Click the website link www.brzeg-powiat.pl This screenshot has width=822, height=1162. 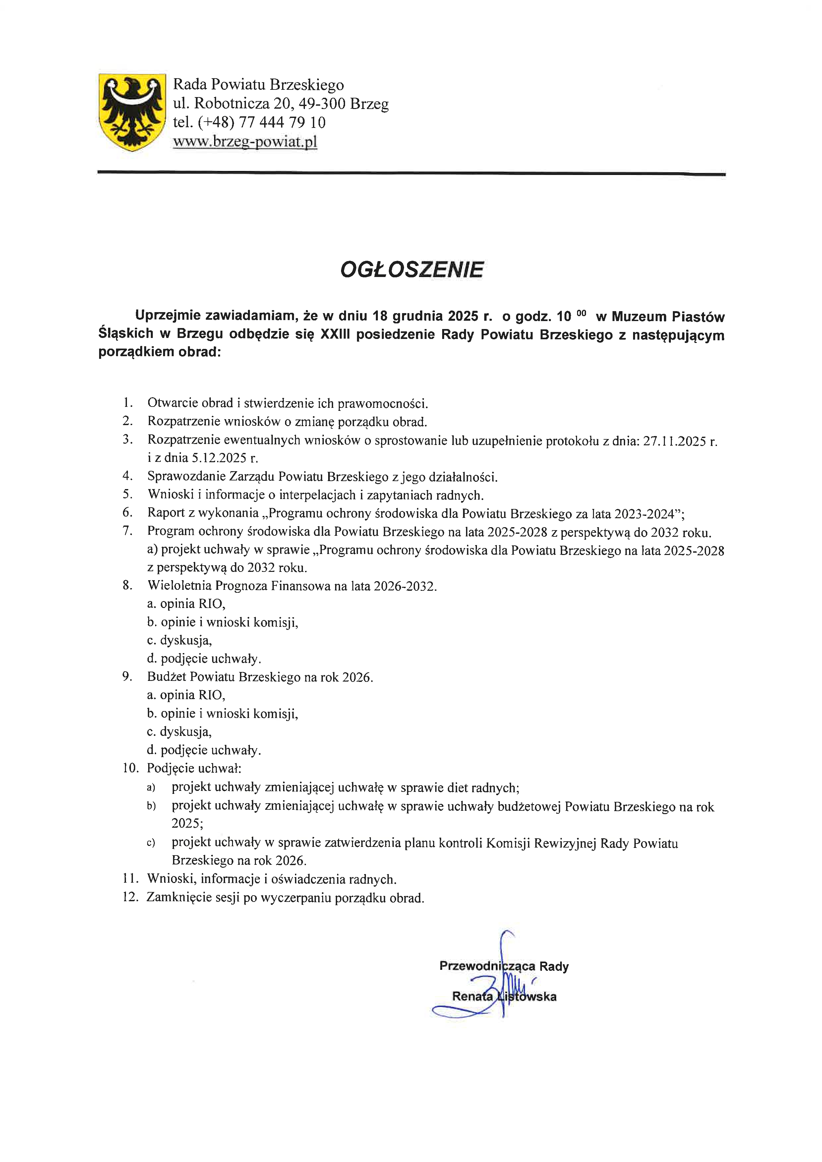[245, 142]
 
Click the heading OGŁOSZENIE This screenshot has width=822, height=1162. [412, 269]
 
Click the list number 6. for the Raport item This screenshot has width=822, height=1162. [128, 513]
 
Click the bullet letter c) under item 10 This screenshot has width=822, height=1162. [151, 843]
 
